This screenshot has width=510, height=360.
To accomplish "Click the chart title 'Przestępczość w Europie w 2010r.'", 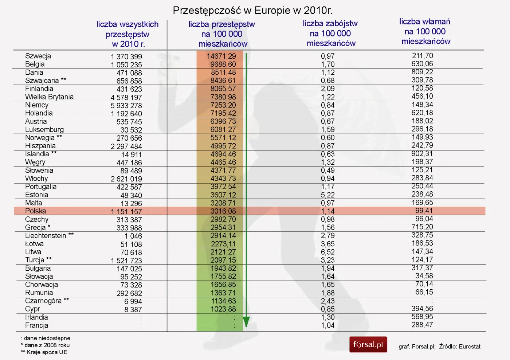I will pyautogui.click(x=252, y=11).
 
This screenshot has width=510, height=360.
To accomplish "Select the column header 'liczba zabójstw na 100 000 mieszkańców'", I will pyautogui.click(x=330, y=34).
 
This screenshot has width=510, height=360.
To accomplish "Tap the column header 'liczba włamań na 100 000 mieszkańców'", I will pyautogui.click(x=425, y=32).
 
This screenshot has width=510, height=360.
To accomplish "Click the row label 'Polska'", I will pyautogui.click(x=36, y=211).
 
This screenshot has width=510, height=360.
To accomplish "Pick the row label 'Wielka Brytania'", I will pyautogui.click(x=49, y=97).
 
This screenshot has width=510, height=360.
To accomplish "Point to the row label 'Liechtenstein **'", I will pyautogui.click(x=49, y=236).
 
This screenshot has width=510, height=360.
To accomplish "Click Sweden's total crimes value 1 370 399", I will pyautogui.click(x=126, y=57).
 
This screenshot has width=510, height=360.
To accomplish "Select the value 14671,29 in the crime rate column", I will pyautogui.click(x=221, y=56).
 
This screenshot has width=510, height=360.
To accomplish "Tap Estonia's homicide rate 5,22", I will pyautogui.click(x=328, y=195).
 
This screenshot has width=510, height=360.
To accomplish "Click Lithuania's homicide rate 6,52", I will pyautogui.click(x=328, y=252).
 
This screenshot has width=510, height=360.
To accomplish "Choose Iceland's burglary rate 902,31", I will pyautogui.click(x=422, y=154).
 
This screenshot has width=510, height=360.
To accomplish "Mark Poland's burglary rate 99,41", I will pyautogui.click(x=424, y=211).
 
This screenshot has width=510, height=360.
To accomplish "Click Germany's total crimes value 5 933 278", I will pyautogui.click(x=126, y=106).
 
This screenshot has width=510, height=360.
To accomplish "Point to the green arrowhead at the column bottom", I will pyautogui.click(x=246, y=322).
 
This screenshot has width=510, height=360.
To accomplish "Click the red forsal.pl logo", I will pyautogui.click(x=368, y=345).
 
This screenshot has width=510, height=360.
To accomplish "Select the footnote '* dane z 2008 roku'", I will pyautogui.click(x=45, y=345).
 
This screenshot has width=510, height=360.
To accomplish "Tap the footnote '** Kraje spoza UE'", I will pyautogui.click(x=44, y=352).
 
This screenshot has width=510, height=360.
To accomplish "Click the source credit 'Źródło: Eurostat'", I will pyautogui.click(x=460, y=347).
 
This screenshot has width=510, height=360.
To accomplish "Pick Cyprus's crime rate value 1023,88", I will pyautogui.click(x=223, y=309).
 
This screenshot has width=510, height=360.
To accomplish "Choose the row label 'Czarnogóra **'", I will pyautogui.click(x=47, y=301).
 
